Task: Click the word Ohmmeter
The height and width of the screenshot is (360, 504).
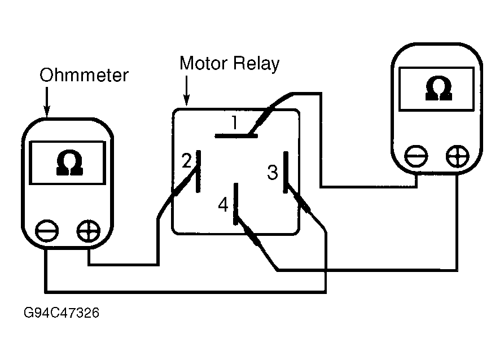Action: tap(84, 75)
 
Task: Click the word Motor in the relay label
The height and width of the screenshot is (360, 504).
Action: tap(204, 63)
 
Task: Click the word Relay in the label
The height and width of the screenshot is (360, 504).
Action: tap(256, 64)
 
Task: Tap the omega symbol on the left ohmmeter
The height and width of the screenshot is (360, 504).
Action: tap(69, 163)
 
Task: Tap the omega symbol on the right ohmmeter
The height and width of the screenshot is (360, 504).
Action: tap(439, 88)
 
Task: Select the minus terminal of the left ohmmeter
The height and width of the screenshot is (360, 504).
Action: tap(47, 231)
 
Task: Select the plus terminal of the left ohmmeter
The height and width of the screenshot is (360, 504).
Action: tap(89, 231)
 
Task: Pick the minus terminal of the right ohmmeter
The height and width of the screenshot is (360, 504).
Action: tap(417, 156)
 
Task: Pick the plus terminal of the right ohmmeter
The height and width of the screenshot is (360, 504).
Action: tap(458, 156)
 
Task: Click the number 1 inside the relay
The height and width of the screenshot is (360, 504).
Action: tap(235, 122)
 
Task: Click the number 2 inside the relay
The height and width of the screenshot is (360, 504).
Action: tap(187, 160)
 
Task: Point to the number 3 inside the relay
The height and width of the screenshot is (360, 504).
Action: tap(272, 172)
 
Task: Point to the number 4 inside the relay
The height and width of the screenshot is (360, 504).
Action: tap(223, 204)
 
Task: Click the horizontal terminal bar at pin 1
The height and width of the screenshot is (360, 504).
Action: tap(236, 136)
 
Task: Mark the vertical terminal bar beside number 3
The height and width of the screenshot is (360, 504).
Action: tap(286, 172)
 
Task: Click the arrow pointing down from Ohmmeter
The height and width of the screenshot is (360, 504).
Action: tap(47, 102)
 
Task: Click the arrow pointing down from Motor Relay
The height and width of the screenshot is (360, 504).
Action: tap(187, 91)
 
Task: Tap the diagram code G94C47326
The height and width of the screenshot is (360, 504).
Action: tap(62, 313)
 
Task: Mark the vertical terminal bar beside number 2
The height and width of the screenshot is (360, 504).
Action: tap(198, 172)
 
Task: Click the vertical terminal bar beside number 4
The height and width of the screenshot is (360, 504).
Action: tap(236, 204)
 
